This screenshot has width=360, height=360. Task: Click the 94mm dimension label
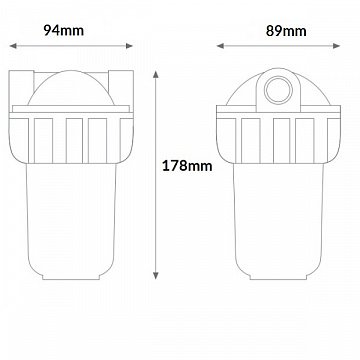click(64, 31)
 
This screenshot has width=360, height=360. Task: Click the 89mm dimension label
click(286, 31)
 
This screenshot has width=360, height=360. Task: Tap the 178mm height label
click(187, 166)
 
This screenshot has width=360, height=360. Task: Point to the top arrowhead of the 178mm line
click(156, 74)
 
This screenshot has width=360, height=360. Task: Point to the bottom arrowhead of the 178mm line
click(156, 275)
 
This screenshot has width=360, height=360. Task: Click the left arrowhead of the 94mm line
click(13, 46)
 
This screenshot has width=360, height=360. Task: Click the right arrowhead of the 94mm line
click(129, 46)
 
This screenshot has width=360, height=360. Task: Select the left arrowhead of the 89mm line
click(220, 46)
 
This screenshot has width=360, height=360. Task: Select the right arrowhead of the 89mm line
click(336, 46)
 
